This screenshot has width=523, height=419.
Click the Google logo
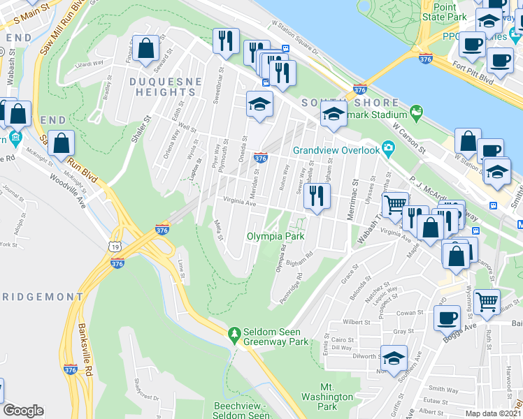(23, 411)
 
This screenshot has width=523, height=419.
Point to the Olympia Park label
(275, 237)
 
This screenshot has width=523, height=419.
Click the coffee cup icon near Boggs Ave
(447, 318)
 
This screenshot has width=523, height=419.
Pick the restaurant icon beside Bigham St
(318, 197)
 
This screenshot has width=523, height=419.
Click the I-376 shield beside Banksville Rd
(70, 369)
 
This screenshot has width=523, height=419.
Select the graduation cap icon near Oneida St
(259, 105)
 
